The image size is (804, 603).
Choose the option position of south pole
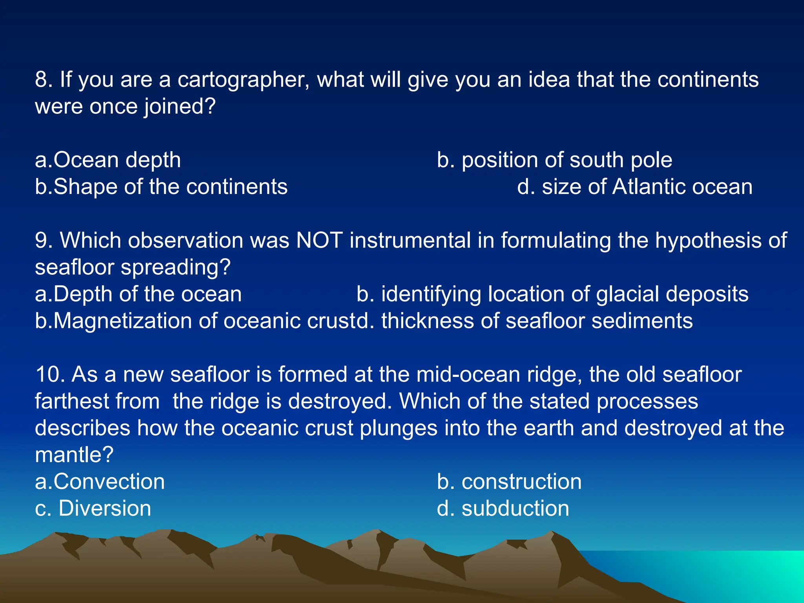click(x=554, y=160)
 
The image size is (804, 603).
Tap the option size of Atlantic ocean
click(x=635, y=187)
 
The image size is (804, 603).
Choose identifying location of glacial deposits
click(x=552, y=294)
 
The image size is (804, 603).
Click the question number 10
click(x=49, y=375)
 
